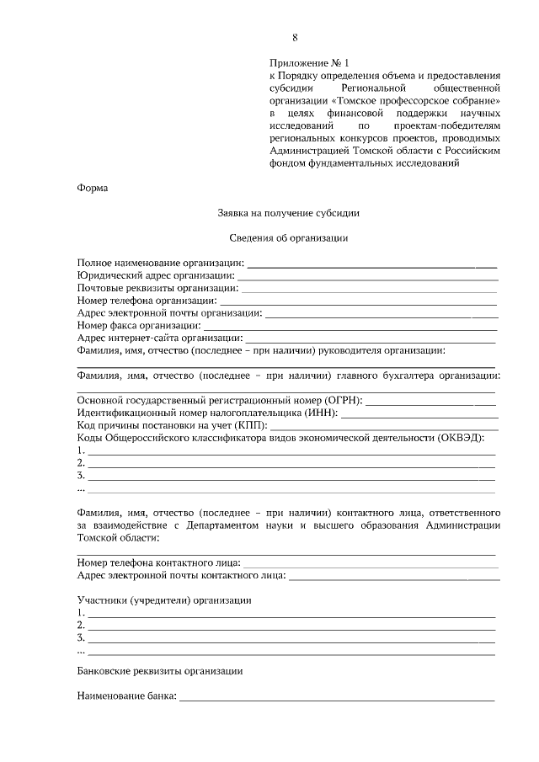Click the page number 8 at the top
coord(295,37)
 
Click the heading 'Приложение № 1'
coord(308,62)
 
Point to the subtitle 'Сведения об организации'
coord(289,237)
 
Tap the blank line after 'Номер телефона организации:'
coord(358,300)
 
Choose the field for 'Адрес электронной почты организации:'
coord(382,312)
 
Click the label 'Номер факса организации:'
coord(139,324)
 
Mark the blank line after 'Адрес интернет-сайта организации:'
coord(371,337)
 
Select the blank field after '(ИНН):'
coord(419,413)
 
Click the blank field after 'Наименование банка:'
coord(336,698)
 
